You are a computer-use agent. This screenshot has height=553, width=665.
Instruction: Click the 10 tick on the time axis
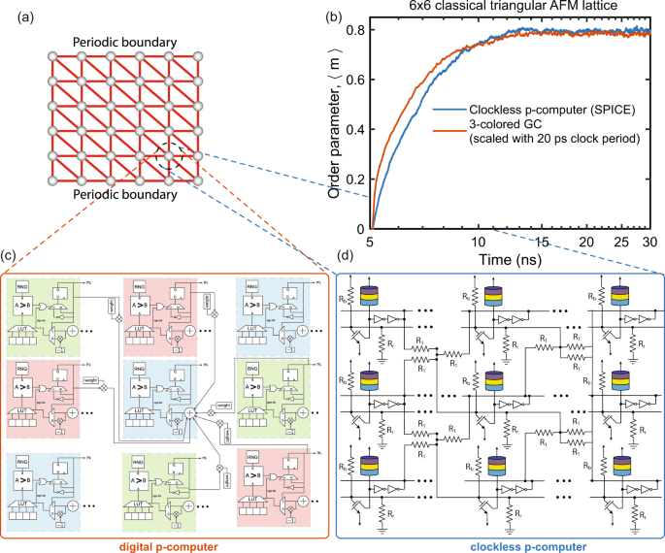pyautogui.click(x=478, y=241)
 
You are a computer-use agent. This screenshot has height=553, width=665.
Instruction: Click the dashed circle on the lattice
pyautogui.click(x=170, y=155)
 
